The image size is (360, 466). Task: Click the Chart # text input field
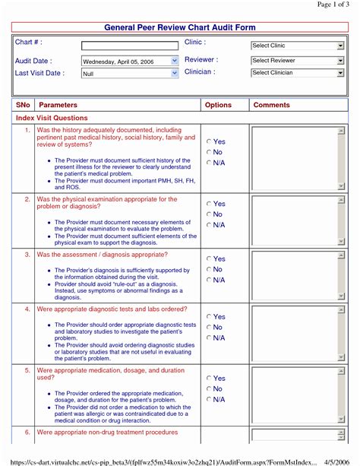coord(129,46)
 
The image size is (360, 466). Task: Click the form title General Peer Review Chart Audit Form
coord(179,27)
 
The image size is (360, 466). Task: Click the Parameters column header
coord(58,104)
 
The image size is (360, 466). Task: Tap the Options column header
coord(219,104)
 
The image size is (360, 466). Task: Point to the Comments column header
coord(272,104)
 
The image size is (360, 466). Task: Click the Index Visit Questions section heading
coord(52,118)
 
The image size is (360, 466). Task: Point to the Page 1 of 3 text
coord(333,5)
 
